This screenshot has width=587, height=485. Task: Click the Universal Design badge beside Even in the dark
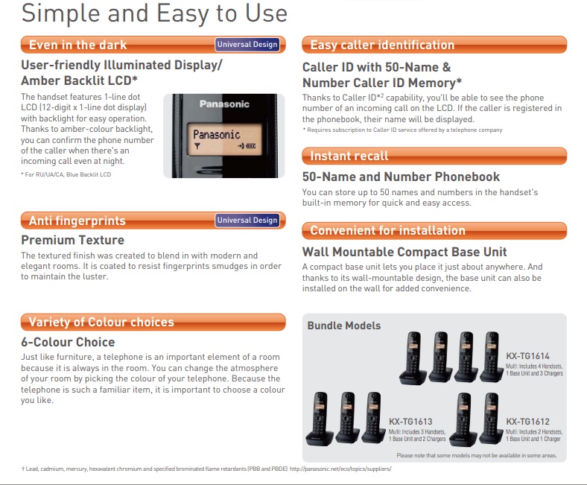pos(247,45)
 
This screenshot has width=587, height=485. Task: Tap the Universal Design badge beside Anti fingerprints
pos(247,221)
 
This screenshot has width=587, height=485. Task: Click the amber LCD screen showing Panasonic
pos(224,139)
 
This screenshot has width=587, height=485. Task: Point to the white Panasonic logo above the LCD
pos(224,104)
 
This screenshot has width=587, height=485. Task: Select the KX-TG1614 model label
pos(527,356)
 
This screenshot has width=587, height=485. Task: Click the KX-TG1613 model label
pos(410,422)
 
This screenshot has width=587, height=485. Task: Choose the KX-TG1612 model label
pos(527,422)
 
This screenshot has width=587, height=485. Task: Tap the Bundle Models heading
pos(343,326)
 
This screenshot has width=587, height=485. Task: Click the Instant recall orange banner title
pos(349,156)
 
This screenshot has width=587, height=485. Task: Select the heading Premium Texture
pos(72,240)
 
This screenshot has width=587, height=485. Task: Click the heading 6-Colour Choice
pos(68,342)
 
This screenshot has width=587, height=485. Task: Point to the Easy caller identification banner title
pos(382,45)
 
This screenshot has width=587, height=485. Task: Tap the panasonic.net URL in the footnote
pos(340,469)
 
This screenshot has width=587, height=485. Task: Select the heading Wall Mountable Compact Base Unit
pos(404,252)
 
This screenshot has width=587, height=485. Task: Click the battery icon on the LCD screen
pos(251,146)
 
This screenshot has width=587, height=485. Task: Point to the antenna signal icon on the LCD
pos(197,146)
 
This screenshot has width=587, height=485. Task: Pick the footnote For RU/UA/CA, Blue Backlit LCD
pos(66,174)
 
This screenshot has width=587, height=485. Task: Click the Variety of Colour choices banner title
pos(101,322)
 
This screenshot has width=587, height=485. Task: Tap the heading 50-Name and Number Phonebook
pos(401,177)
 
